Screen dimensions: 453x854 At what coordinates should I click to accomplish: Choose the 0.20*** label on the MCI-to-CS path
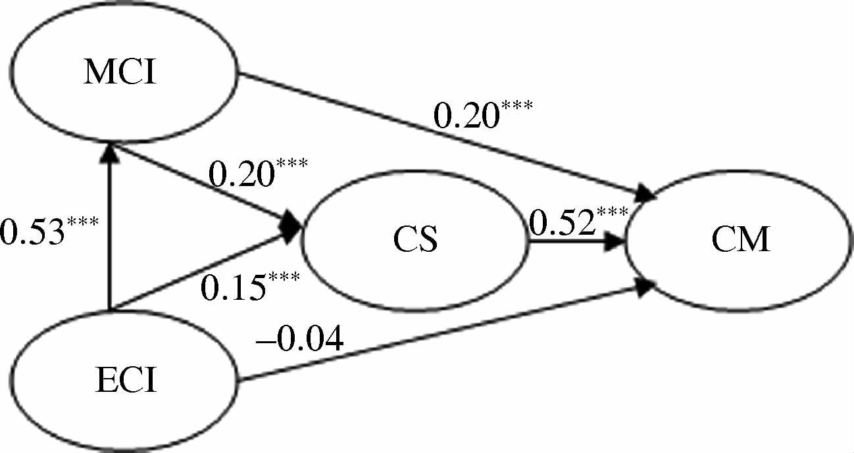point(257,173)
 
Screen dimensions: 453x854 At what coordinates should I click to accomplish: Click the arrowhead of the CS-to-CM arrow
point(615,241)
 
